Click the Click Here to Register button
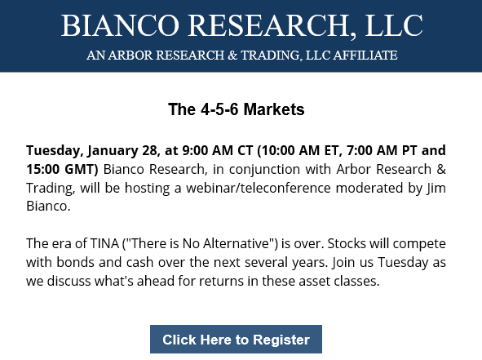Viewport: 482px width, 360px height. [x=236, y=339]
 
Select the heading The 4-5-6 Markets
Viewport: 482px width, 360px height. [x=236, y=109]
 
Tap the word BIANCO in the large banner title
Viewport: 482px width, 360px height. [x=120, y=25]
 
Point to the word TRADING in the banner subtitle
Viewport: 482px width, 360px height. [x=270, y=56]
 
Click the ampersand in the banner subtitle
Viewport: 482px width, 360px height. [x=232, y=55]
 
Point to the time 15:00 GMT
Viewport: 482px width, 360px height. [x=62, y=169]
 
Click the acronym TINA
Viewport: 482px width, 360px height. [x=104, y=243]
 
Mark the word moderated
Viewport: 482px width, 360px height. [x=369, y=188]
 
